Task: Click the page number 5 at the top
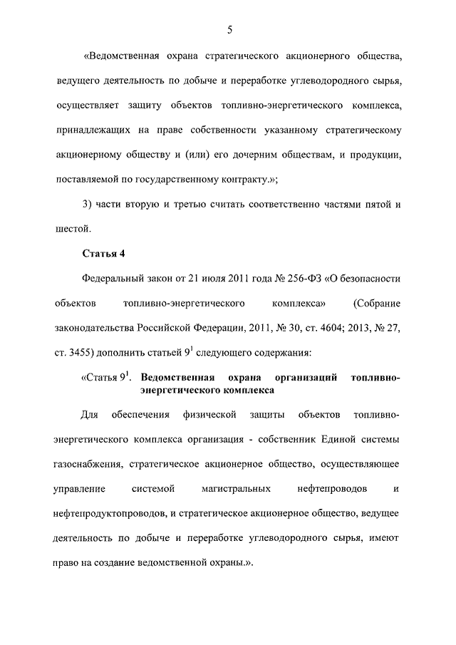[229, 29]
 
